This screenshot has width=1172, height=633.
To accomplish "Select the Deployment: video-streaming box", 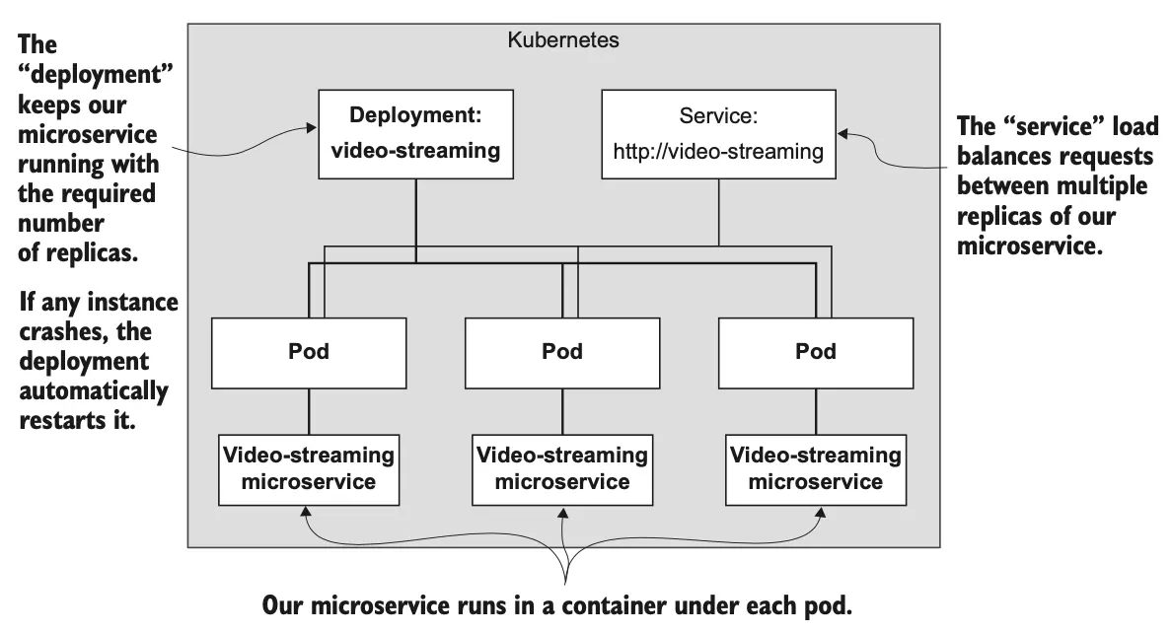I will [x=415, y=134].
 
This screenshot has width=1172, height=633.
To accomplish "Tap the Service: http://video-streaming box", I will [x=718, y=134].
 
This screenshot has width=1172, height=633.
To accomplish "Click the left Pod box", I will [x=310, y=352].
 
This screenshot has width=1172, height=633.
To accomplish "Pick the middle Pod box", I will [x=562, y=352].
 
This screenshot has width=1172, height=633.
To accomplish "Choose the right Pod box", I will [x=816, y=352].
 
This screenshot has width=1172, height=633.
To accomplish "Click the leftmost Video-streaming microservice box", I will [x=309, y=468].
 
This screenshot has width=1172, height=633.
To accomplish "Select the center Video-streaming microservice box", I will [x=562, y=468].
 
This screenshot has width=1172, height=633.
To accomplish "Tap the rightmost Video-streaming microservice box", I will [x=815, y=468].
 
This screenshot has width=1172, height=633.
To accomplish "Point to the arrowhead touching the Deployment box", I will [x=312, y=127].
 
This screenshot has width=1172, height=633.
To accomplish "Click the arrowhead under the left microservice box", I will [x=307, y=512].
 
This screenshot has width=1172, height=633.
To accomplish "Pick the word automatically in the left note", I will [x=94, y=390].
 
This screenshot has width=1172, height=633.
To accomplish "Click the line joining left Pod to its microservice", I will [x=310, y=410].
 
